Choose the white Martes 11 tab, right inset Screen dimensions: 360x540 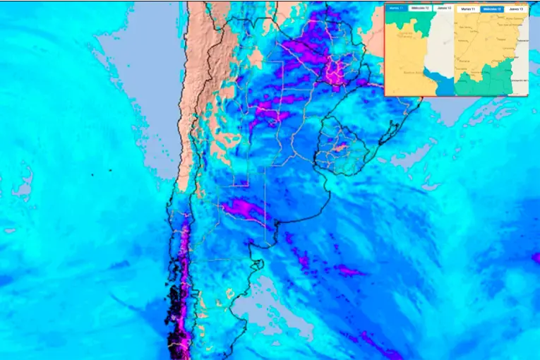[468, 9]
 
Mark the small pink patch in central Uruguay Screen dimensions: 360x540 [339, 148]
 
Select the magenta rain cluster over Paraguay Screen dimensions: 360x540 [300, 49]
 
